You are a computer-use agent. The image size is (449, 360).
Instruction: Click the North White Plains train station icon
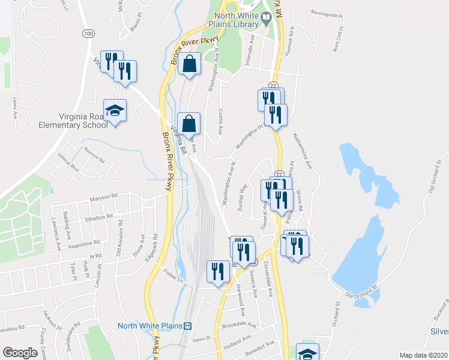pos(187,326)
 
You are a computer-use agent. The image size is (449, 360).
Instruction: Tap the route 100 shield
pos(89,34)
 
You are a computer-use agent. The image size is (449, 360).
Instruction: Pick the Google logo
pos(20,353)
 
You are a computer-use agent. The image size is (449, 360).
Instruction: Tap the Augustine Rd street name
pos(84,244)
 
